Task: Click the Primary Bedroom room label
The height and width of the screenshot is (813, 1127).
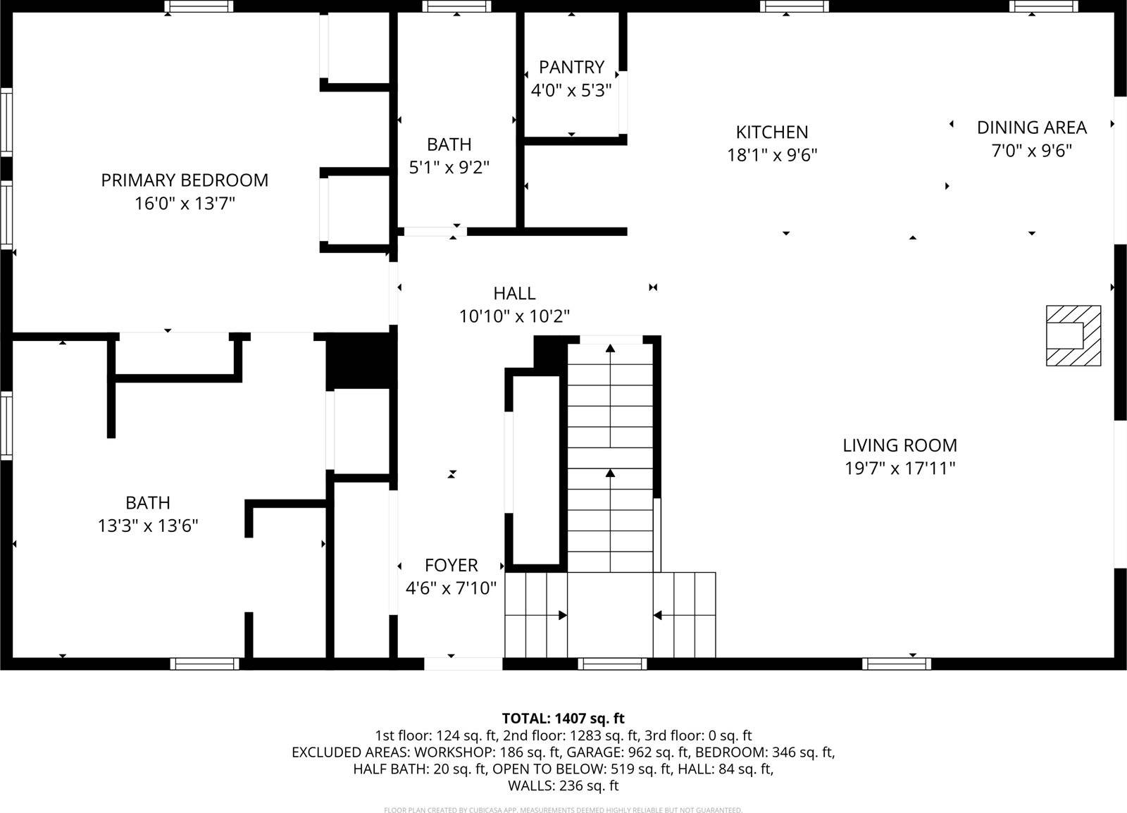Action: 185,180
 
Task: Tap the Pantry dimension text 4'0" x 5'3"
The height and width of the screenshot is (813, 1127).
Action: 571,90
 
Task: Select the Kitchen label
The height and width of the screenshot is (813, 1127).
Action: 772,132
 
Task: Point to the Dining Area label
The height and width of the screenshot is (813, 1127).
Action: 1031,128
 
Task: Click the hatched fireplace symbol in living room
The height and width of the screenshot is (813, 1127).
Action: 1073,335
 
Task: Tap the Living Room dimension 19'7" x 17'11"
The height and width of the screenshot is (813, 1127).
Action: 899,468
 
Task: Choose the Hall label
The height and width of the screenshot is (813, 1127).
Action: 514,293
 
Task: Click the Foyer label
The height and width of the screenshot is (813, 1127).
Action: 451,565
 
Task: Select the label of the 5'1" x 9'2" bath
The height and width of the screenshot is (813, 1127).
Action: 449,144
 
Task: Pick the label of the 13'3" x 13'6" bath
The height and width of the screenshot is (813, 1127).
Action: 148,503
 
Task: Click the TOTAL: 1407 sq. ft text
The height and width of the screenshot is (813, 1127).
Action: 563,719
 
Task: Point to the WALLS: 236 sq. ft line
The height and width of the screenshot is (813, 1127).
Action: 563,785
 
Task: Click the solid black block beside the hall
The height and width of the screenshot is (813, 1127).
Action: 361,361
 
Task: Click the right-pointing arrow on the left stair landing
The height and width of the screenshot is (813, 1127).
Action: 562,615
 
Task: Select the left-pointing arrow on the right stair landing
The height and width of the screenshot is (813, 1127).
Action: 658,615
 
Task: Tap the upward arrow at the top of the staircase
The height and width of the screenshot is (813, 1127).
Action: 610,348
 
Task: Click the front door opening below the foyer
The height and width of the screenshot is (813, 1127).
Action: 463,664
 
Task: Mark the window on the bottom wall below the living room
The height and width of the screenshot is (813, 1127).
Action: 896,664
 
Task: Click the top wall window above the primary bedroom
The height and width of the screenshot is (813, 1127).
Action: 199,6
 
